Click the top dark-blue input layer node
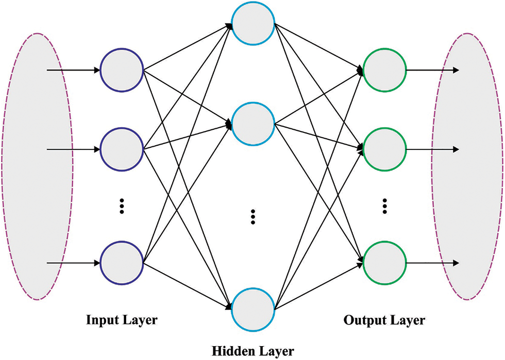tap(122, 70)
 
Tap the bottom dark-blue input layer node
tap(122, 264)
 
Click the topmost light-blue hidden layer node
tap(252, 24)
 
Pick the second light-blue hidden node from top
tap(252, 124)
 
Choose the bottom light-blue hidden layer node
tap(252, 308)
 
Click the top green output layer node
tap(384, 70)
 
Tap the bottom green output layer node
tap(384, 264)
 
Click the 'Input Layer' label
tap(122, 320)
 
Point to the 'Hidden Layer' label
tap(253, 351)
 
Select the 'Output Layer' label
tap(384, 320)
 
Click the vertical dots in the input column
tap(122, 205)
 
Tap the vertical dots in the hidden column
tap(252, 217)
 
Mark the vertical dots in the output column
tap(384, 205)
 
